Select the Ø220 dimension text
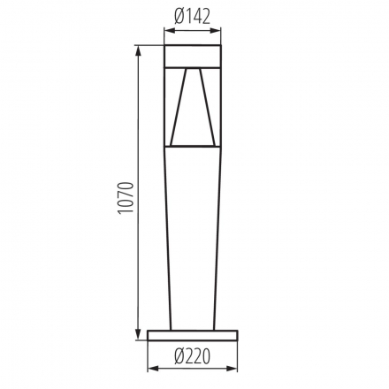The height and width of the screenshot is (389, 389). tap(193, 356)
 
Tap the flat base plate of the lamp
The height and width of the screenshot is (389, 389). tap(193, 335)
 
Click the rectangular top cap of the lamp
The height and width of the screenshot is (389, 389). tap(193, 54)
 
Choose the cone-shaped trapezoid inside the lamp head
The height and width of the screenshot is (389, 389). tap(193, 111)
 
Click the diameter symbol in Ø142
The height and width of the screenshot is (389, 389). tap(179, 14)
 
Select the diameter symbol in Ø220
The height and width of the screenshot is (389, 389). tap(178, 356)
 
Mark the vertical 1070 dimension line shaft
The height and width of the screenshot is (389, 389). tap(137, 265)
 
